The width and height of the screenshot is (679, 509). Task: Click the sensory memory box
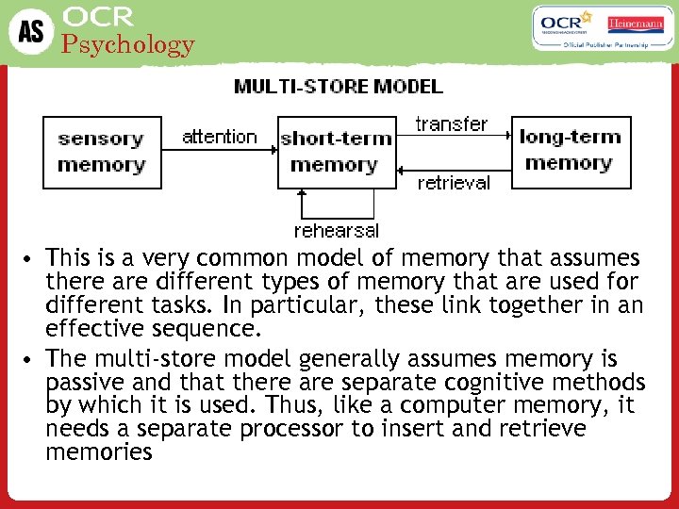pos(101,152)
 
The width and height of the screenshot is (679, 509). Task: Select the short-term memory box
pos(336,152)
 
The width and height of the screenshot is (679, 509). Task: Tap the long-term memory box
pos(570,150)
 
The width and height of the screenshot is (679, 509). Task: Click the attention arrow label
pos(219,137)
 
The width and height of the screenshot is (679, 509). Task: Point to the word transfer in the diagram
pos(452,124)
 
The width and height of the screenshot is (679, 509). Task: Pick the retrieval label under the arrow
pos(454,183)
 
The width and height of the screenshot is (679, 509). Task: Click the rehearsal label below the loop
pos(337,230)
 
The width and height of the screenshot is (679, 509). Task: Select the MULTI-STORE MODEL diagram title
pos(339,87)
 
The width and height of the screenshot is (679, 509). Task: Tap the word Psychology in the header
pos(127,44)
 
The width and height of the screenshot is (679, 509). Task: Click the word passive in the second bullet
pos(82,384)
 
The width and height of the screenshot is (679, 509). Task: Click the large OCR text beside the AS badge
pos(99,16)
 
